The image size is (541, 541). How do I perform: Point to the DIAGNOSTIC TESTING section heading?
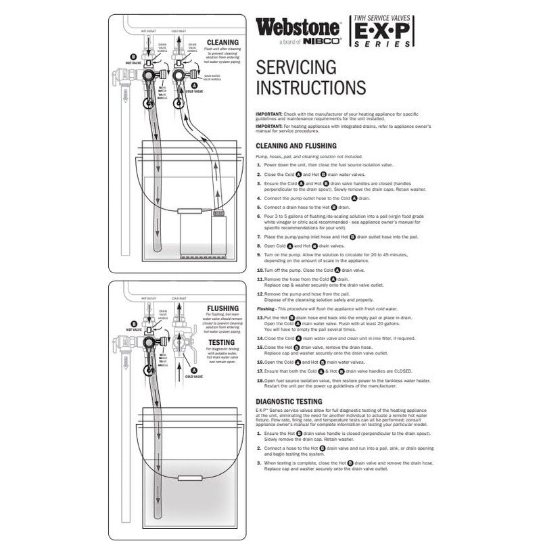293,401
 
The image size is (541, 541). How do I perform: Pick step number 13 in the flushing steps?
260,317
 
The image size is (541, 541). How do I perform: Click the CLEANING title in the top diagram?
223,41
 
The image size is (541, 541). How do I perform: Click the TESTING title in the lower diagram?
224,342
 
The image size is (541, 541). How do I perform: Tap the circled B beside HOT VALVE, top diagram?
133,57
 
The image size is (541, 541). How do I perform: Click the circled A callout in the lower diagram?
194,370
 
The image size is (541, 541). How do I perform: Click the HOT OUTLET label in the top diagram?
148,30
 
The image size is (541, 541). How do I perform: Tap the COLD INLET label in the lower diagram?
179,298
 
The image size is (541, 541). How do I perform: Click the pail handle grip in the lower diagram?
187,478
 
